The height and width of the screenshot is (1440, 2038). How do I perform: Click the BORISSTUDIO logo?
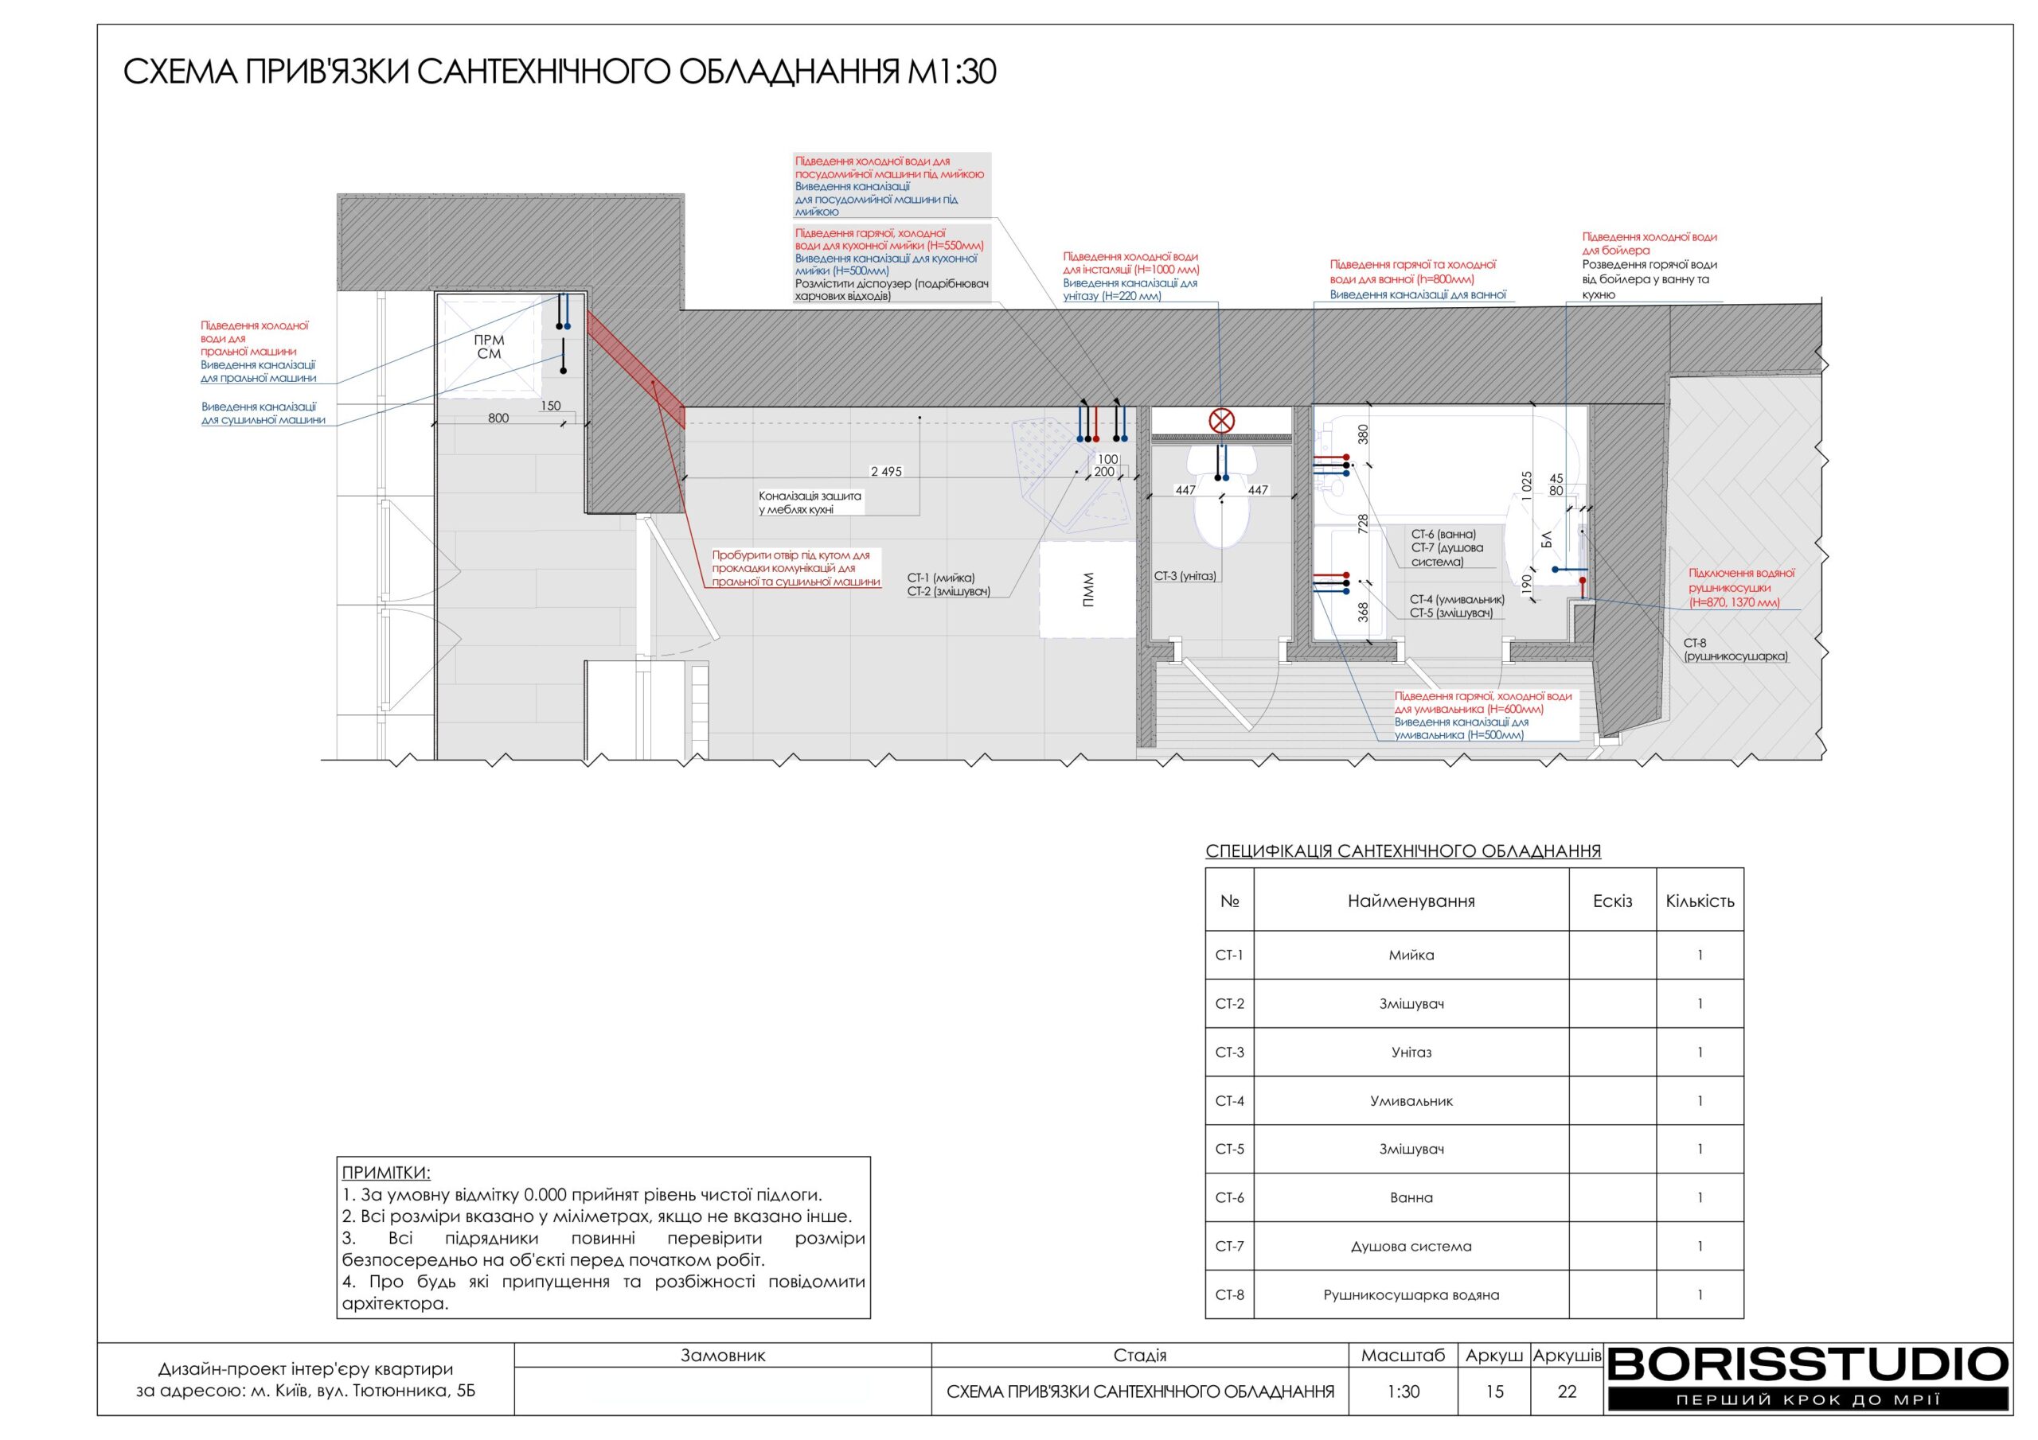point(1807,1378)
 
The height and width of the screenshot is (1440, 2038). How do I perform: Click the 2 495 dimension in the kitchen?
point(886,471)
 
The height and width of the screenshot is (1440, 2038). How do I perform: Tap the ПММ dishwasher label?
point(1088,590)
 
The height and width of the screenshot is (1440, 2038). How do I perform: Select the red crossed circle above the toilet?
point(1222,421)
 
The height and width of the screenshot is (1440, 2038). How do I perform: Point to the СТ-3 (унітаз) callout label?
point(1185,576)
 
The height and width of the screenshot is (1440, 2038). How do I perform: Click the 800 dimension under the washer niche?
point(499,418)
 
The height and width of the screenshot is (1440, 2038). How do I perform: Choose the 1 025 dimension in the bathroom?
point(1527,486)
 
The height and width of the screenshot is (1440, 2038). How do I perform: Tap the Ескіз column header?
point(1612,901)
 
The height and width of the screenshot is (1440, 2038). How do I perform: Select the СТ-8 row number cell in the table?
point(1229,1294)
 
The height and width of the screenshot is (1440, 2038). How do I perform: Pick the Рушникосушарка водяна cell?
point(1411,1294)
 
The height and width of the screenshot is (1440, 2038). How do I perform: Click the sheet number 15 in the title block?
point(1495,1391)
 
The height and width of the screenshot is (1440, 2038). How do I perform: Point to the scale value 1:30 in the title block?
point(1404,1391)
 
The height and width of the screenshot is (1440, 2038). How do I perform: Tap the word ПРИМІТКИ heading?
point(386,1173)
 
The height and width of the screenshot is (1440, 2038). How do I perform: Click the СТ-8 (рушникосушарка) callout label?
point(1735,650)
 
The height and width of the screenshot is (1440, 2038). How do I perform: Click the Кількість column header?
point(1700,901)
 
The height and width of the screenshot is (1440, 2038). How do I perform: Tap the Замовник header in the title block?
point(723,1355)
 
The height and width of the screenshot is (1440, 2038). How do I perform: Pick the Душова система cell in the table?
point(1411,1247)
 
